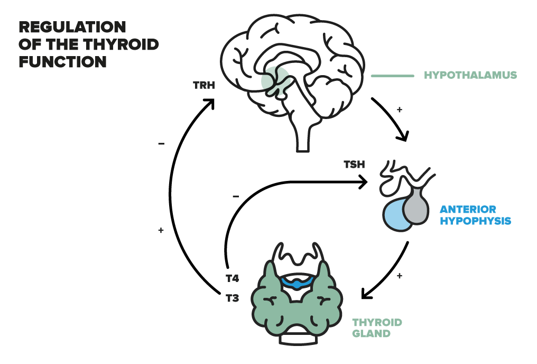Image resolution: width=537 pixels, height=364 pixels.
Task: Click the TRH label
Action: [x=204, y=85]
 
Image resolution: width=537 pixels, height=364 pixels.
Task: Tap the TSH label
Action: [x=354, y=165]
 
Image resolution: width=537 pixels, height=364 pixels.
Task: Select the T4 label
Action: [x=232, y=278]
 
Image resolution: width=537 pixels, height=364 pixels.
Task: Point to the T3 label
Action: [x=232, y=298]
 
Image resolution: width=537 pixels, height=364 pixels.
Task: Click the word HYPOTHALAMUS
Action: [x=470, y=75]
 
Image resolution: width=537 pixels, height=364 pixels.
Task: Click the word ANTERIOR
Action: [x=468, y=209]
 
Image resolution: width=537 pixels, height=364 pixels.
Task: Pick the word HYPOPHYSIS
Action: [x=475, y=221]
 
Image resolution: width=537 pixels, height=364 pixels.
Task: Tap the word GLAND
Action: [x=371, y=333]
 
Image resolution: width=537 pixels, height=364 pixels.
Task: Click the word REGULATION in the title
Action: [x=72, y=27]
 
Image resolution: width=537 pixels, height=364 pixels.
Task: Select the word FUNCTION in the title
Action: [x=63, y=62]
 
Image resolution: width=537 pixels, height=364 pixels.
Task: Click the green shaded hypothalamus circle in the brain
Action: [x=275, y=80]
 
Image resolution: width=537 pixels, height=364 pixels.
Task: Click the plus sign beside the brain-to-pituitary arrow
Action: [x=400, y=110]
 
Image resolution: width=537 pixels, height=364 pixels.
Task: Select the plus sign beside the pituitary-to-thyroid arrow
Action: [x=400, y=276]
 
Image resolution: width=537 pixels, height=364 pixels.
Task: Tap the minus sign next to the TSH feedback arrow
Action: [x=236, y=196]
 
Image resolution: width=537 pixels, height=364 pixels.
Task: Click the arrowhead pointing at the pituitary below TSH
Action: [x=363, y=181]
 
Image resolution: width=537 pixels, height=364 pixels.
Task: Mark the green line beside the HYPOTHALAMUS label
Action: [x=393, y=76]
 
